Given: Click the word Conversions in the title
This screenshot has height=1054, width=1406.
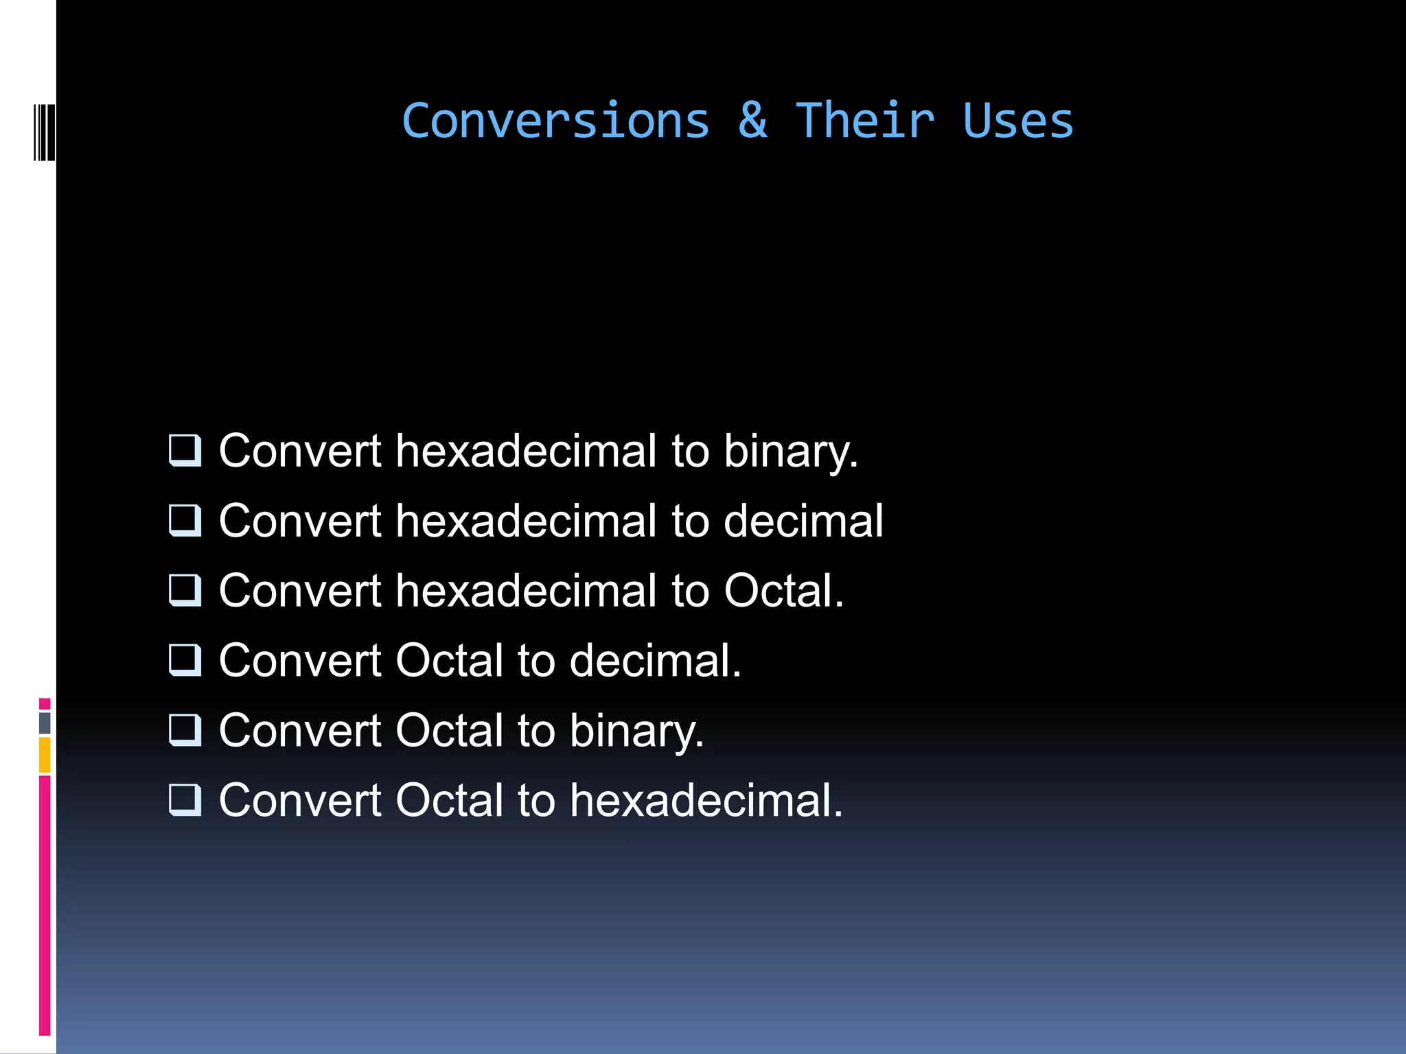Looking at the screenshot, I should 555,121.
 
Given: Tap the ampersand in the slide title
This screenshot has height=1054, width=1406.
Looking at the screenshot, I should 752,121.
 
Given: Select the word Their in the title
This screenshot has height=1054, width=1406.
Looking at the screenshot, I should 865,121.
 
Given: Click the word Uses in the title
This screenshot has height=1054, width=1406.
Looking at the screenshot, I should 1017,121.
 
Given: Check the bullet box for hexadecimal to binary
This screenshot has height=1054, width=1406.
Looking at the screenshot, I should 185,451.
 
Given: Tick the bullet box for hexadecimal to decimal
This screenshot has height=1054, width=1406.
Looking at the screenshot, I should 185,521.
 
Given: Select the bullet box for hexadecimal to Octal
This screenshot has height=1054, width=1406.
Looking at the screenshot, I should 185,591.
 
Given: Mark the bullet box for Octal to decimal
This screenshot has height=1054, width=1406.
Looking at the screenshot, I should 185,661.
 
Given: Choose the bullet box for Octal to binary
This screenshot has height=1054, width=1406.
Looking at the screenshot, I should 185,730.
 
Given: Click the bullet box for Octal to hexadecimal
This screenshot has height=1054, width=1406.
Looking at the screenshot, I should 185,800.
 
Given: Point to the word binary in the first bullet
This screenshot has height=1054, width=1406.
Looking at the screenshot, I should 790,452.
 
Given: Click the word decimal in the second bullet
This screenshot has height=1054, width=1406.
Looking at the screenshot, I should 803,521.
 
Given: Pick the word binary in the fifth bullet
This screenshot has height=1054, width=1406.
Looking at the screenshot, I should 636,731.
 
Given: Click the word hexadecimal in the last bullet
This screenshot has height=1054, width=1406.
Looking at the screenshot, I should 705,800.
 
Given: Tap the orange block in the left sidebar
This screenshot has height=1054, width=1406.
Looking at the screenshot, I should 45,755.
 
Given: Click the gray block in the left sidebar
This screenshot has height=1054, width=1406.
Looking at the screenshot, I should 45,723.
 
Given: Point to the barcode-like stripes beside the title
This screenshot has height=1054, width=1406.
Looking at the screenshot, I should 44,132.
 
